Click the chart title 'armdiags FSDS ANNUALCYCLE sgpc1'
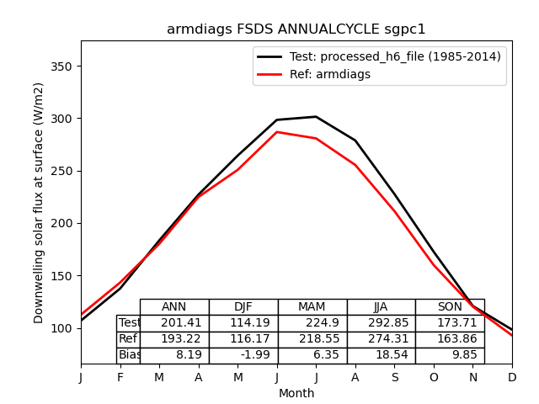point(296,29)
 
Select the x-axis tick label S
point(394,378)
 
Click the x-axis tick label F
point(120,378)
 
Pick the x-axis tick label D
point(512,378)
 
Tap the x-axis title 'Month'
point(296,393)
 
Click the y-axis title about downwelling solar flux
point(39,203)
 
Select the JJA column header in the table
point(381,307)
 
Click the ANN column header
point(174,307)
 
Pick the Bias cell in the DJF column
point(243,355)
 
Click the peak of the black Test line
point(316,117)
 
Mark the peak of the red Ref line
point(277,132)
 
